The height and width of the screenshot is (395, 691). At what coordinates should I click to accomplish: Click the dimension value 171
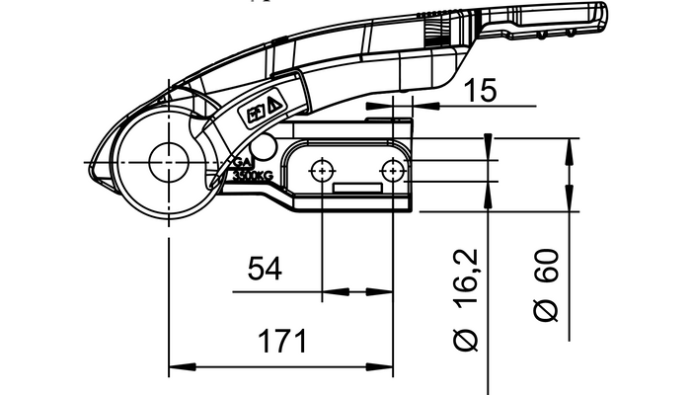coord(283,342)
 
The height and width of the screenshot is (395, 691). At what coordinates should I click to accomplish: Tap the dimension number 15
coord(480,91)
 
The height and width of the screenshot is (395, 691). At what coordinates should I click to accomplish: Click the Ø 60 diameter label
coord(546,284)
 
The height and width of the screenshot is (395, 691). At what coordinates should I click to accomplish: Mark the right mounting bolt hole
coord(393,171)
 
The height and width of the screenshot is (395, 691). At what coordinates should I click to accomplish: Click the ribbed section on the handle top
coord(433,31)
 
